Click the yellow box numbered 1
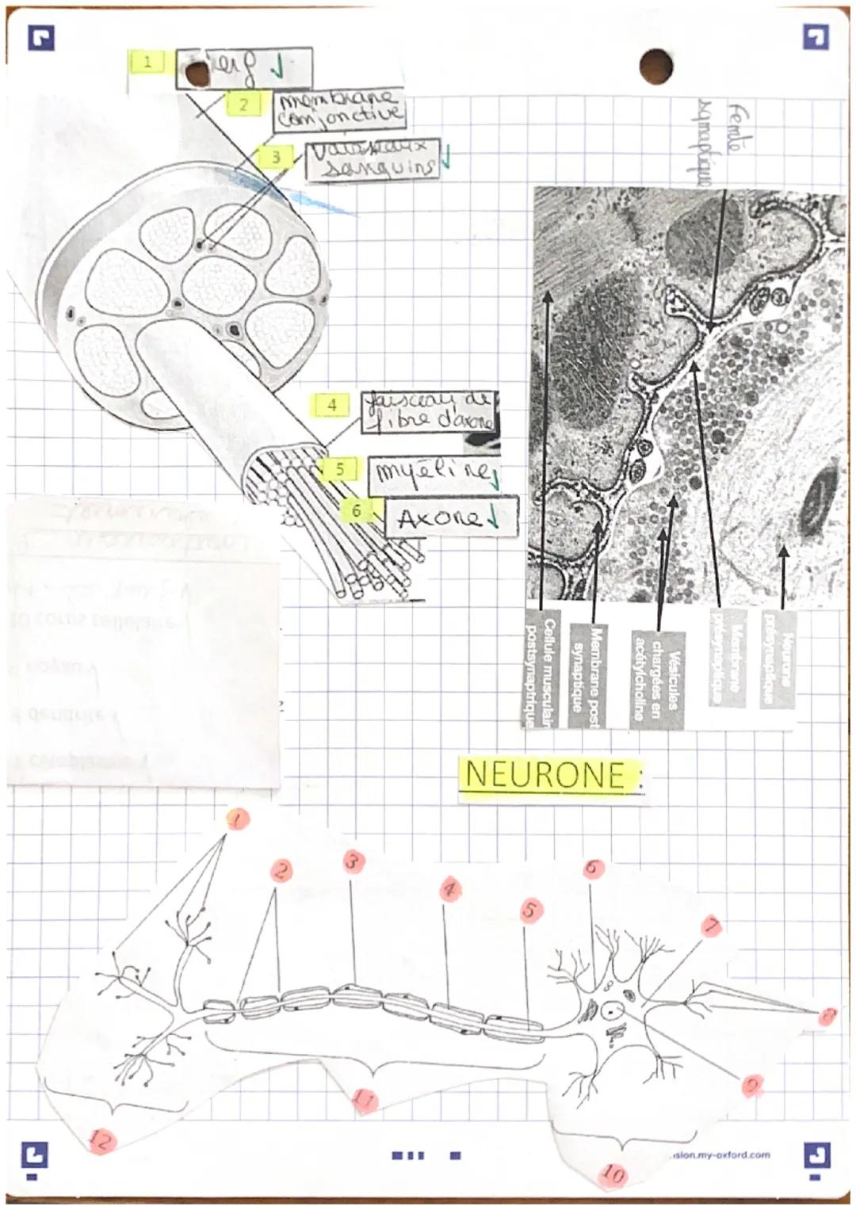pos(147,62)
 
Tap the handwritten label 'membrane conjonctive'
pos(339,109)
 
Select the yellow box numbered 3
pos(275,157)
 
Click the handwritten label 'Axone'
pos(450,518)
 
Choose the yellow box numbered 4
pos(331,405)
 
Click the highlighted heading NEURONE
pos(548,774)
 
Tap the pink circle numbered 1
pos(237,819)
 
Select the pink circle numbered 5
pos(531,910)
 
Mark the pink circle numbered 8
pos(827,1016)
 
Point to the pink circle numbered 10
pos(613,1174)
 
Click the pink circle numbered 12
pos(101,1140)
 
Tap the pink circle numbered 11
pos(364,1099)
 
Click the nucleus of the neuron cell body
pos(612,1010)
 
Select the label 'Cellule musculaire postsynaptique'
pos(542,670)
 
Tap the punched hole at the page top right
pos(655,66)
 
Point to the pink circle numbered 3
pos(353,861)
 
